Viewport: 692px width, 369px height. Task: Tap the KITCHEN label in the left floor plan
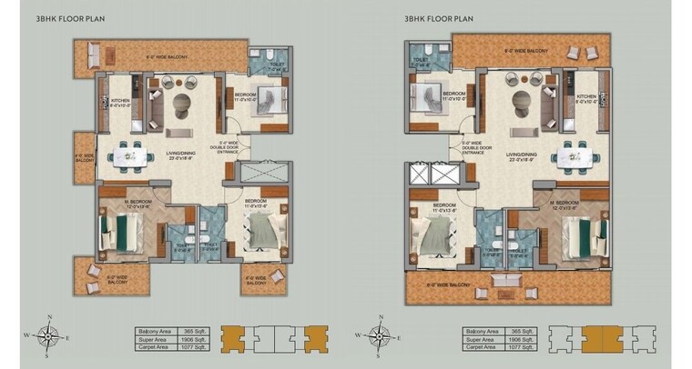121,103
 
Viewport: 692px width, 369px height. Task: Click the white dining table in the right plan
578,152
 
